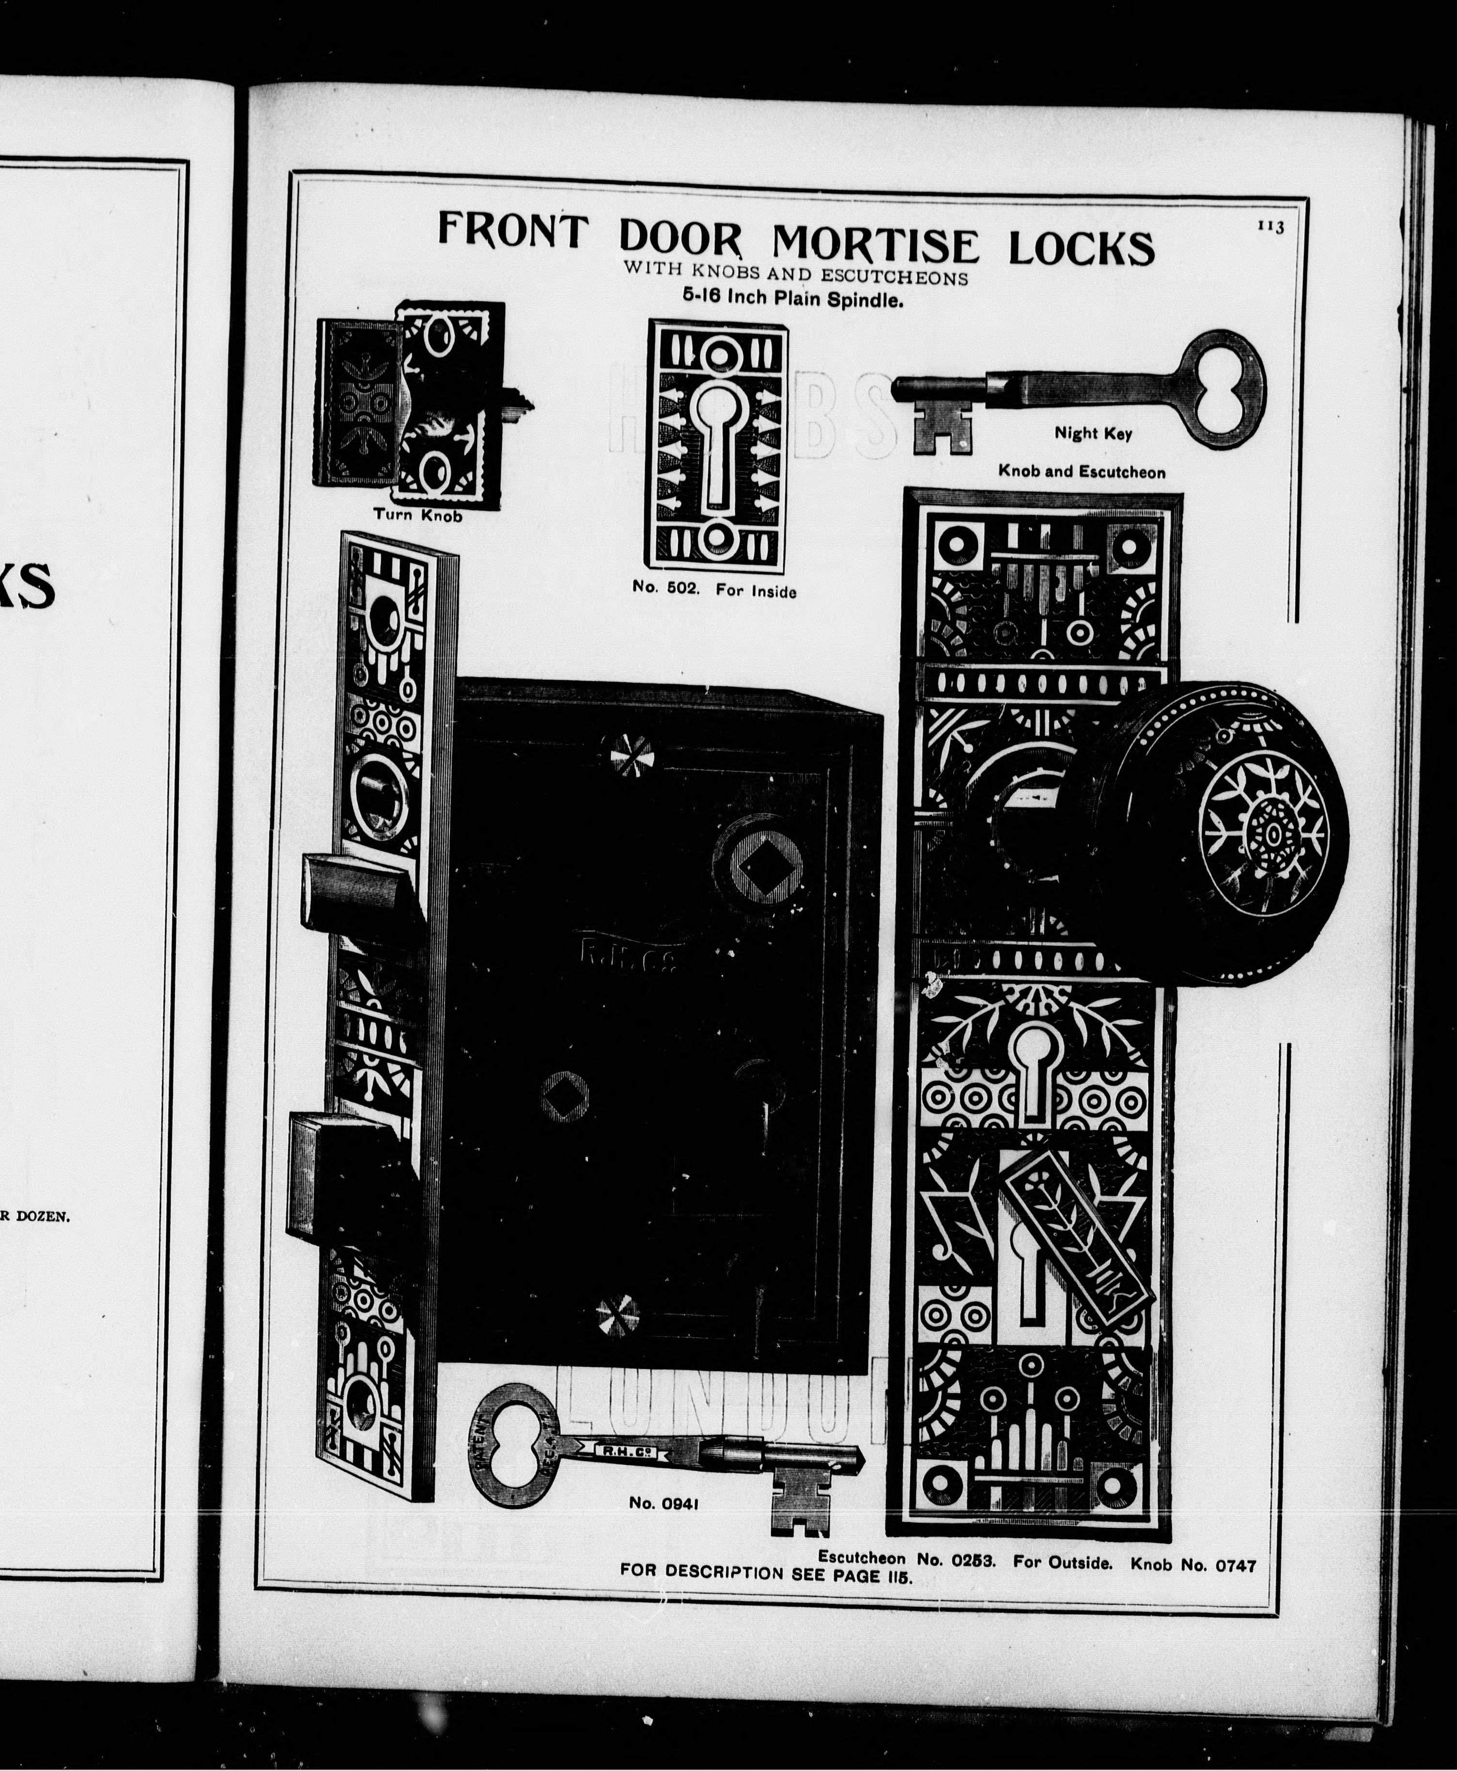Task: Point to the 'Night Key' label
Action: tap(1093, 433)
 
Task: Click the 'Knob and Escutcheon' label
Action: tap(1081, 472)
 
